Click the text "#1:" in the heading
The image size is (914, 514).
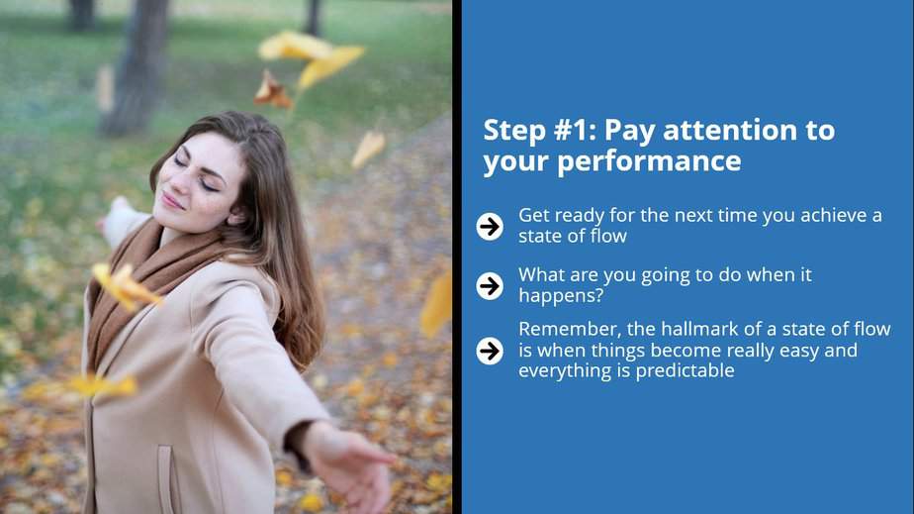click(x=574, y=130)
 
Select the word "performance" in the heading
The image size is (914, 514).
click(x=649, y=161)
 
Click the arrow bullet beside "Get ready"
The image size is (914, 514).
click(x=490, y=226)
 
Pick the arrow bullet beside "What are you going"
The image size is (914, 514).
click(x=490, y=286)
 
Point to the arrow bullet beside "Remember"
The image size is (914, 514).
click(x=490, y=351)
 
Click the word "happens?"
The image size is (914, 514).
click(x=561, y=296)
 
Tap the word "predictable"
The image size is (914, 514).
click(x=685, y=371)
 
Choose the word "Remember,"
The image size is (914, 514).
click(x=570, y=330)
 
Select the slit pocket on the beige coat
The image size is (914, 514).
click(x=165, y=479)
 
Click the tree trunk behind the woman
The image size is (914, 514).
click(x=136, y=65)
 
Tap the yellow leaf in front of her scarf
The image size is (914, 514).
click(x=126, y=286)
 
